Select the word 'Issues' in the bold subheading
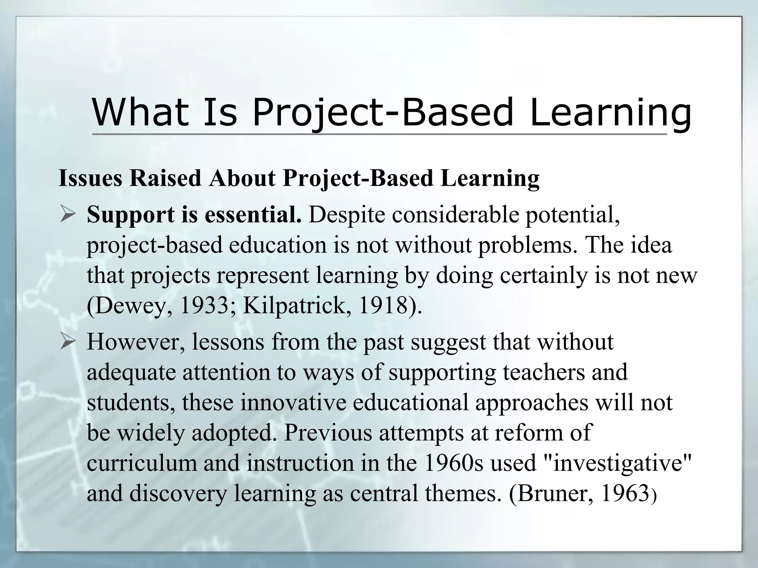tap(90, 178)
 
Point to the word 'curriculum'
tap(142, 463)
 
